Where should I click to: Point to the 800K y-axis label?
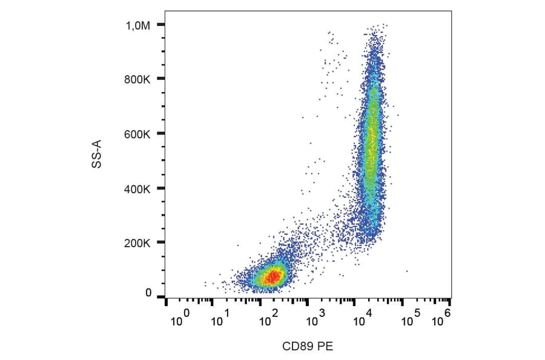(x=138, y=79)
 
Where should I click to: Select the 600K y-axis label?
(x=138, y=134)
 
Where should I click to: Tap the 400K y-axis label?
(x=138, y=189)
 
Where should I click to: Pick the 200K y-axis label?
(x=138, y=244)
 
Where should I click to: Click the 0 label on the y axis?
(x=148, y=293)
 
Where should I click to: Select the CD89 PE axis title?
(x=308, y=347)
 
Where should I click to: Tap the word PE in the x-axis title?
(x=325, y=347)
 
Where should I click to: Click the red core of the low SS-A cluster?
(x=274, y=277)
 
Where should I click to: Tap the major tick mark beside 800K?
(x=160, y=79)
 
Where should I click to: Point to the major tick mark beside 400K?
(x=160, y=188)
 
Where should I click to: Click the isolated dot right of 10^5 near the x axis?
(x=406, y=272)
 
